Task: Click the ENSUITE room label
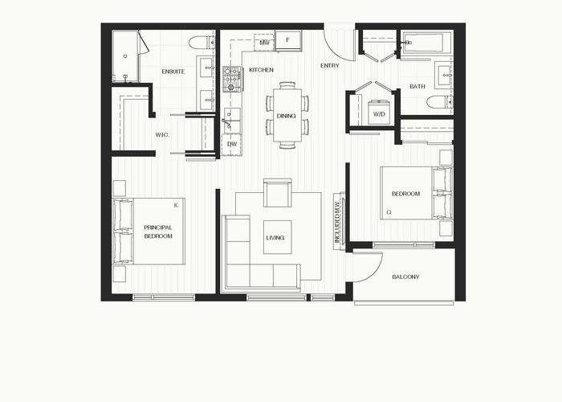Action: (x=173, y=72)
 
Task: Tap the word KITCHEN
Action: (x=261, y=70)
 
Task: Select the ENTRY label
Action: (x=330, y=66)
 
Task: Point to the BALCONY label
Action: (x=405, y=277)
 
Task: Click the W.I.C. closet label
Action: (x=162, y=135)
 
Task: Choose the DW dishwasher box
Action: (x=232, y=144)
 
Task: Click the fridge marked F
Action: (x=288, y=40)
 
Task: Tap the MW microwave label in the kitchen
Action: (x=264, y=43)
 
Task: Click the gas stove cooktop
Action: (x=232, y=79)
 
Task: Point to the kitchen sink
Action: (x=231, y=120)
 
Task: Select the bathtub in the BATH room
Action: (x=427, y=43)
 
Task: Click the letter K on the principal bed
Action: (x=176, y=205)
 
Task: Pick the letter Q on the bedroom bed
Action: (x=389, y=212)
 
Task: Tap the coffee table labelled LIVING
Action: (x=278, y=237)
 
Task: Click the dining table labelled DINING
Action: (x=287, y=115)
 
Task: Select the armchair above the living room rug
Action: (x=278, y=193)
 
